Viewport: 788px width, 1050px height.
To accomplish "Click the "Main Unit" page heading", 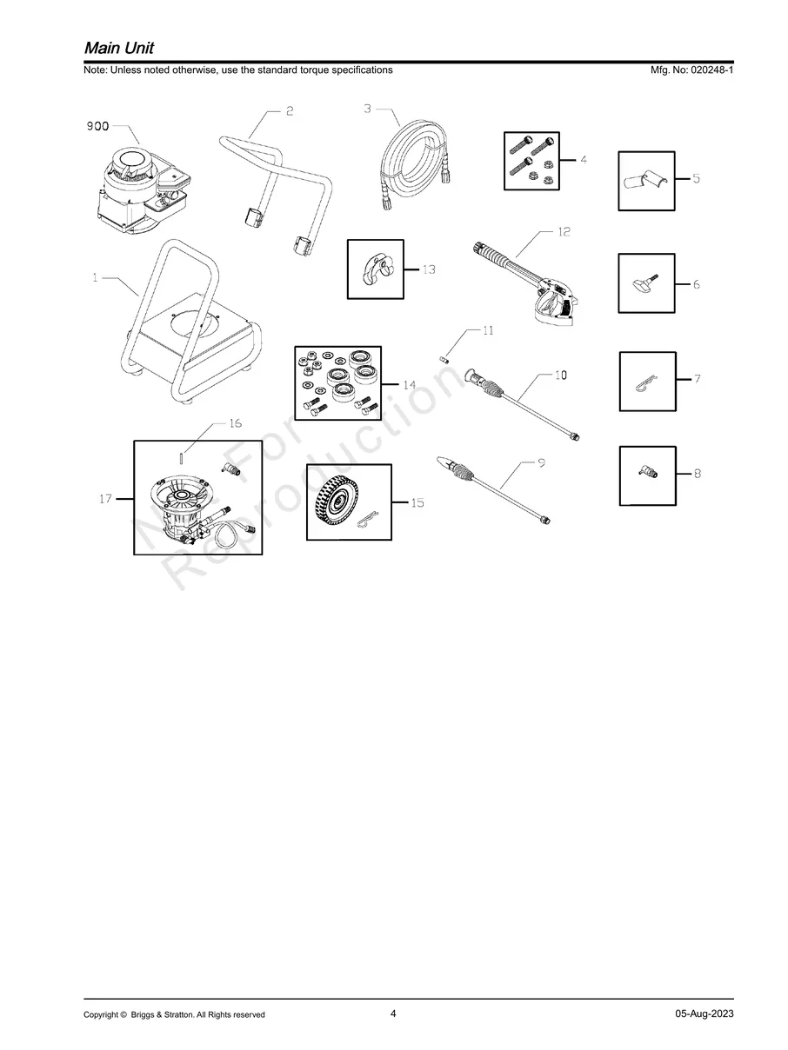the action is [119, 48].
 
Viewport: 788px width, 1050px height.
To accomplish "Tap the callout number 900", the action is [97, 126].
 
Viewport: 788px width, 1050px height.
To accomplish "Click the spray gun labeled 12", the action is [526, 283].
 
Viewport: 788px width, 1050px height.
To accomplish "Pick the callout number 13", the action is [429, 269].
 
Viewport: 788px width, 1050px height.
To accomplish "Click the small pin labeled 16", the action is [181, 458].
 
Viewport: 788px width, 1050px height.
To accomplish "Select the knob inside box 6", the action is [646, 283].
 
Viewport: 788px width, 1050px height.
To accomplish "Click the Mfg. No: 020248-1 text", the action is [691, 70].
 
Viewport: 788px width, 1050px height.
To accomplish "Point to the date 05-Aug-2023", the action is [705, 1013].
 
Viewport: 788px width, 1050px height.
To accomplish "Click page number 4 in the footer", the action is [393, 1013].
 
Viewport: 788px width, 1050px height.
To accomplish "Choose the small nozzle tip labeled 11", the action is [444, 358].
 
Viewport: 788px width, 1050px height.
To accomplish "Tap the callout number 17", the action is [106, 499].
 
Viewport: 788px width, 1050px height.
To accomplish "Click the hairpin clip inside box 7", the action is [646, 382].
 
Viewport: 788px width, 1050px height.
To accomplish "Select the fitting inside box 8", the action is [648, 474].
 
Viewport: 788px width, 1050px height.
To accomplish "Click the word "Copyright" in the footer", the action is [101, 1014].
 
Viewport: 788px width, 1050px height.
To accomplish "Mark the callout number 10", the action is [561, 375].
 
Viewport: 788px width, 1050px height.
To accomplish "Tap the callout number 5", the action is [696, 179].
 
